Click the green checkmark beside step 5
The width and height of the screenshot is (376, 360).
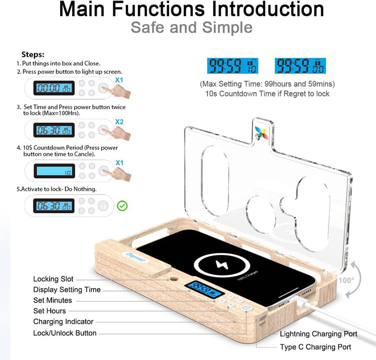click(x=122, y=206)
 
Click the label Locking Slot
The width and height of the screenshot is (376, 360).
click(x=53, y=280)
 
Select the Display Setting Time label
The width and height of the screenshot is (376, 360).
click(x=67, y=290)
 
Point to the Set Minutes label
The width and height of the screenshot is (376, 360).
click(x=53, y=300)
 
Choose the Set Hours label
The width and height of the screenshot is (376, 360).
click(x=50, y=311)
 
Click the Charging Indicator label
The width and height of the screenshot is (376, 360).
click(x=63, y=322)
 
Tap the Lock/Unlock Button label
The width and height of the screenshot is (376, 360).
click(x=65, y=333)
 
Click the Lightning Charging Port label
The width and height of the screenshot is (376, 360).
click(x=319, y=334)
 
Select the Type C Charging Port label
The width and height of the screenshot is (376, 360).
click(x=315, y=347)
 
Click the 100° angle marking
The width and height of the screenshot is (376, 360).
click(x=345, y=280)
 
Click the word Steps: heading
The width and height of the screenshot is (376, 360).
click(x=33, y=54)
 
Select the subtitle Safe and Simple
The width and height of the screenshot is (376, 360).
click(x=192, y=27)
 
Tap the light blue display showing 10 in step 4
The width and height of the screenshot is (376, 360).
click(x=54, y=171)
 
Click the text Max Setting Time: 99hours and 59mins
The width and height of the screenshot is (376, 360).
click(x=267, y=84)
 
